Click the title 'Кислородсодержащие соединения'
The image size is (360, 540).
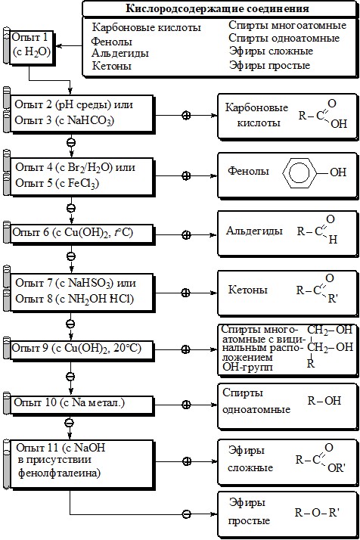[217, 8]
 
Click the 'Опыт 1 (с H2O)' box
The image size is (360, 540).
[32, 47]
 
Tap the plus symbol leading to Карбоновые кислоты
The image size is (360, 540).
[186, 116]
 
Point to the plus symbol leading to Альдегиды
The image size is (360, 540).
[186, 235]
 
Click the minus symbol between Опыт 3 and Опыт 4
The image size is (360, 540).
[70, 142]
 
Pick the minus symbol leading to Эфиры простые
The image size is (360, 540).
[186, 514]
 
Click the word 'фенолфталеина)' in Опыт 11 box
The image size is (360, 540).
[59, 473]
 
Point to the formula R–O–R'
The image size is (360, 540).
[317, 513]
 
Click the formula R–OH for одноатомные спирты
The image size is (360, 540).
[324, 401]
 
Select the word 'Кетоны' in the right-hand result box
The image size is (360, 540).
[248, 290]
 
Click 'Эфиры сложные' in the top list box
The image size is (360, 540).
[271, 51]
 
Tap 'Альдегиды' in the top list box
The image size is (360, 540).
[120, 53]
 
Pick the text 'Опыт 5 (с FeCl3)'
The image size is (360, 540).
[57, 183]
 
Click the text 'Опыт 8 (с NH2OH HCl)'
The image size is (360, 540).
[74, 299]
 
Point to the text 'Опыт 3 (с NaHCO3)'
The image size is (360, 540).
[64, 120]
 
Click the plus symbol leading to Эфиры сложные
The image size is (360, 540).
[186, 461]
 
